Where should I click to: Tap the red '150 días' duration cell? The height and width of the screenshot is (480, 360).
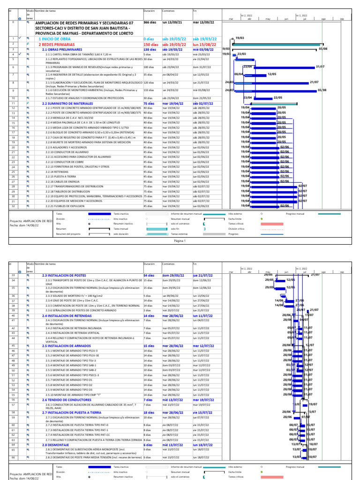(151, 44)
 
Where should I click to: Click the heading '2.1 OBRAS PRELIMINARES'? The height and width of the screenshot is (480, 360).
(60, 49)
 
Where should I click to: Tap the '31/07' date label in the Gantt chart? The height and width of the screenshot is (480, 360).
(320, 67)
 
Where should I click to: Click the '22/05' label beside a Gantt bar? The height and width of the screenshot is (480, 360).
(277, 97)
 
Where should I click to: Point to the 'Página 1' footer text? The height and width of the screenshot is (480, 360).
(180, 241)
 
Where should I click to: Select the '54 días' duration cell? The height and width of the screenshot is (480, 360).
(149, 275)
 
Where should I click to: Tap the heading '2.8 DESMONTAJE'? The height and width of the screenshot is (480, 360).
(54, 444)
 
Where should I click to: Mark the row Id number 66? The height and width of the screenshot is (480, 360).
(14, 457)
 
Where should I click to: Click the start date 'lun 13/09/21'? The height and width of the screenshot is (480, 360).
(172, 22)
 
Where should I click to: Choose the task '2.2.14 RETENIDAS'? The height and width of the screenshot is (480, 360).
(58, 172)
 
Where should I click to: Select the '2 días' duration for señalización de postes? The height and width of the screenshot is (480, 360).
(147, 310)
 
